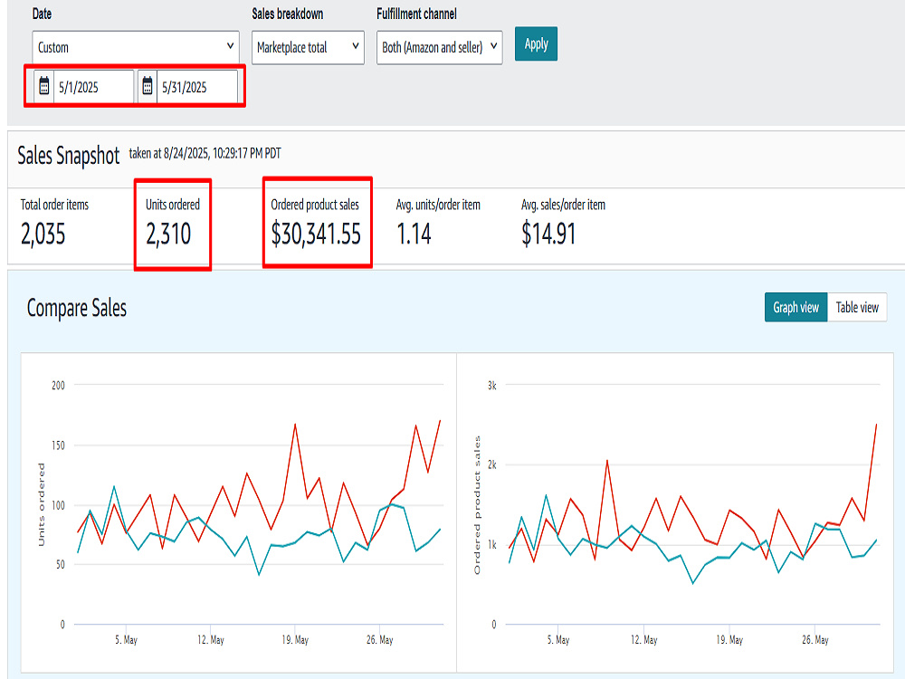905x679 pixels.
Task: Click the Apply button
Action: point(536,43)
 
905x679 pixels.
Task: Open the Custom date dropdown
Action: point(136,47)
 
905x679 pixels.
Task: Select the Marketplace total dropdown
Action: point(308,47)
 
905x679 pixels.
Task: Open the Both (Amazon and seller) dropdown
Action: point(439,47)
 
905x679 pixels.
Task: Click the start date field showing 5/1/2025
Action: point(93,87)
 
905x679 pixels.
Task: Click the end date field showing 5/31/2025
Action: point(196,87)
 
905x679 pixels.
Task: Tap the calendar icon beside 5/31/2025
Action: point(148,87)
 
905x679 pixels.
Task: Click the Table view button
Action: point(857,307)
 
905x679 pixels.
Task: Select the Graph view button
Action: point(795,307)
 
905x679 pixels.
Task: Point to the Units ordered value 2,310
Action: point(168,234)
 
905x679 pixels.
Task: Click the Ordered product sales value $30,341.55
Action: point(316,234)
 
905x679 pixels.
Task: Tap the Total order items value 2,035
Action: point(43,234)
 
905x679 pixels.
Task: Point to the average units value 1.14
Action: point(414,234)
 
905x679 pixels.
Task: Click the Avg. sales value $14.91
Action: point(548,234)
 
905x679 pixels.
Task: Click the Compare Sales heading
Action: point(77,308)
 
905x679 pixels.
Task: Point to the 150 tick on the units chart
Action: point(58,445)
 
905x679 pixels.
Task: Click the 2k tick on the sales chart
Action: point(491,464)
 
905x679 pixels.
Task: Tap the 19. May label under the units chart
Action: point(295,640)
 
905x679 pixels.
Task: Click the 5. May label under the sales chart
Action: point(558,640)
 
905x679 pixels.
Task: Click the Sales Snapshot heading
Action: point(68,156)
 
